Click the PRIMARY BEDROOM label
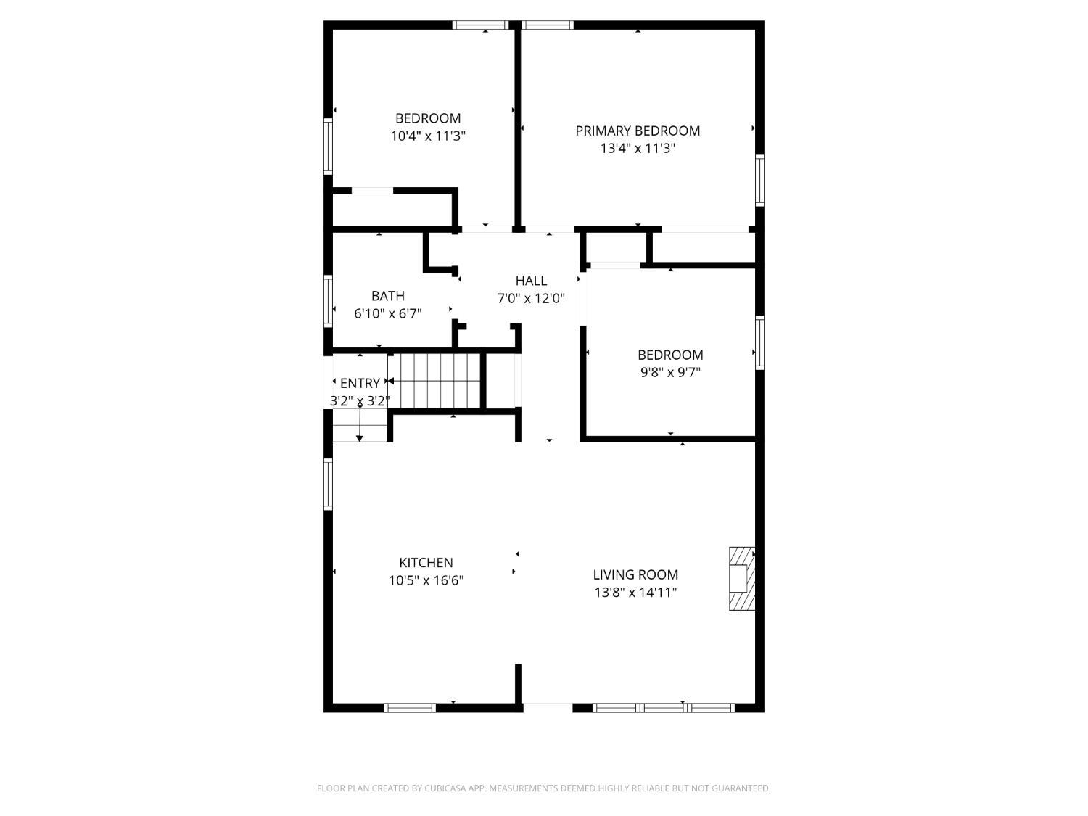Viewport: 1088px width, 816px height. click(x=638, y=131)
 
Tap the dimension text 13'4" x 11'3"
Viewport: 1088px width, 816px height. click(x=638, y=148)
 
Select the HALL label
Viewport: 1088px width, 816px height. click(x=532, y=281)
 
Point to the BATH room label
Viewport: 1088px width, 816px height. click(x=388, y=296)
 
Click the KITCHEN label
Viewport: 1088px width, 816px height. click(x=426, y=563)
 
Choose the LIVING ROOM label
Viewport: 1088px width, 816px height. click(x=635, y=574)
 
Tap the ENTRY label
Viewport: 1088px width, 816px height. click(x=360, y=383)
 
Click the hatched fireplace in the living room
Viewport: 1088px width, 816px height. click(x=741, y=578)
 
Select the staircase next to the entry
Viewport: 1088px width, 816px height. click(x=434, y=381)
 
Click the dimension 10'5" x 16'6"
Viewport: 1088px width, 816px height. click(x=426, y=580)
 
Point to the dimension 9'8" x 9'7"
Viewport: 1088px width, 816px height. click(x=671, y=372)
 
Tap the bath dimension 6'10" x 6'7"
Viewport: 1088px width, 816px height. click(x=388, y=313)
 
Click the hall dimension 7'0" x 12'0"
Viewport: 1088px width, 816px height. click(x=532, y=299)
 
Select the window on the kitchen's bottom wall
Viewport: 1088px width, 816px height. click(x=410, y=707)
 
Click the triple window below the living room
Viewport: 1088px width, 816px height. click(x=664, y=707)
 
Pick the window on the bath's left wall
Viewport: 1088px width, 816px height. click(x=328, y=301)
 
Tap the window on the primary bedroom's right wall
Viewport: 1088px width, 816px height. click(x=759, y=180)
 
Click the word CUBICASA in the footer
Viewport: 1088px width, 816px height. click(x=445, y=788)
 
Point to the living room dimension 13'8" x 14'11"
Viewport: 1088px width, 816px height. click(x=636, y=592)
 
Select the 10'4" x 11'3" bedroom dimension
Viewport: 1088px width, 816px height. click(x=428, y=136)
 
